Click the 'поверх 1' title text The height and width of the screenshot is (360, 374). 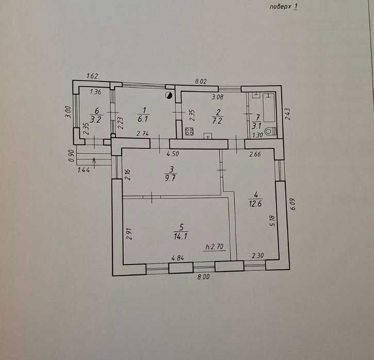coord(284,7)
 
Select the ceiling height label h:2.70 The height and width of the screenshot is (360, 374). coord(215,247)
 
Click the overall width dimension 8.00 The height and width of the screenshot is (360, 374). coord(204,277)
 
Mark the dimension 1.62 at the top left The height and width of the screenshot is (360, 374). coord(92,76)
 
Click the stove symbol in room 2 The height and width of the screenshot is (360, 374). coord(189,132)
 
